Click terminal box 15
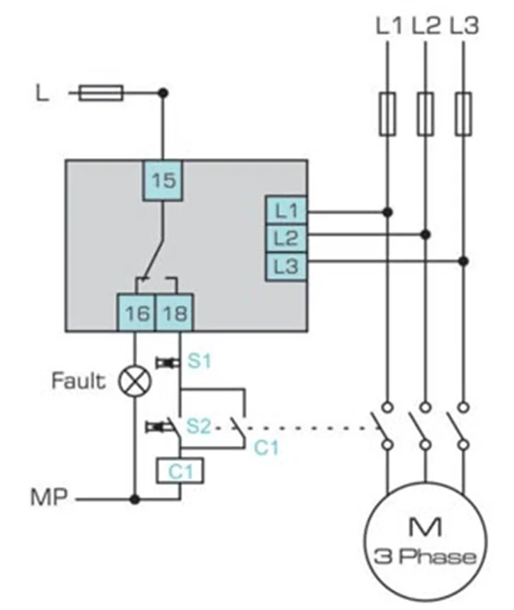[163, 181]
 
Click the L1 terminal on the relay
[286, 210]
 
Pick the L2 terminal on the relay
[286, 238]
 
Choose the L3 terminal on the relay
[286, 266]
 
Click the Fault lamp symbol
[135, 380]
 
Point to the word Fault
[79, 380]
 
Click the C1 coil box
[180, 473]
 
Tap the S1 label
[199, 361]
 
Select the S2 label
[199, 425]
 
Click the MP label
[49, 499]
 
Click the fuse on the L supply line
[102, 93]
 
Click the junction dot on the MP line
[135, 499]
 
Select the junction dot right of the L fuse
[162, 93]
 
